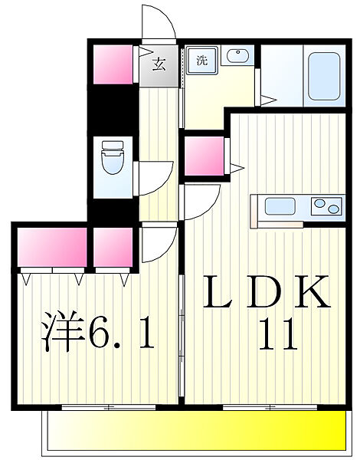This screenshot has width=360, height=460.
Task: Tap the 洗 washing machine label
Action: pos(201,60)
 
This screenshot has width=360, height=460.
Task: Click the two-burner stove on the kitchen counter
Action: pos(325,207)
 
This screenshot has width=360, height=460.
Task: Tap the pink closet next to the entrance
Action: pos(113,63)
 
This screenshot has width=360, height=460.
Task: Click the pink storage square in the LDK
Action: pos(205,158)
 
